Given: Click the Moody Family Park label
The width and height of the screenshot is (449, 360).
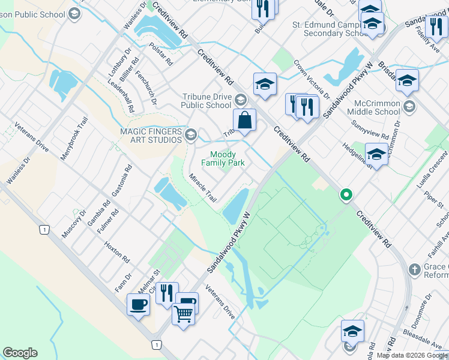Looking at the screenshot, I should (223, 158).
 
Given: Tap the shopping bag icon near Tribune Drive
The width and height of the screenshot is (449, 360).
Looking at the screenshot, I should (245, 119).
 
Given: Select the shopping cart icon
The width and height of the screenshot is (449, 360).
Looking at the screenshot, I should (183, 312).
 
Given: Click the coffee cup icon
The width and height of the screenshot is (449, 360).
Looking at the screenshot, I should (138, 304).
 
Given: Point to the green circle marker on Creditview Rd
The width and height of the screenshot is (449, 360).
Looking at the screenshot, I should (346, 194).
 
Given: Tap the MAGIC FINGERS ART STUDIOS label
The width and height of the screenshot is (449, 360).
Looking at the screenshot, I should (151, 136).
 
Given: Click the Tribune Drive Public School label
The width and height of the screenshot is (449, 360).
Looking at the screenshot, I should (206, 101).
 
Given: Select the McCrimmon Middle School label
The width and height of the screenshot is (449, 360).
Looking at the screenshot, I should (377, 107).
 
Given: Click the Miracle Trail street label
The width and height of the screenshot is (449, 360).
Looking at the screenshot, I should (202, 187).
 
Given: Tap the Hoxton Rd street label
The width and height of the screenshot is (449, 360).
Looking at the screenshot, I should (117, 253).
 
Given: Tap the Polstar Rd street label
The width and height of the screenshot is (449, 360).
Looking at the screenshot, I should (161, 54).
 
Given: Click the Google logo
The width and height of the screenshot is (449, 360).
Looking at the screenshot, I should (20, 353).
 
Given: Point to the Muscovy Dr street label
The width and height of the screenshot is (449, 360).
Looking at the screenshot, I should (75, 223).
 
